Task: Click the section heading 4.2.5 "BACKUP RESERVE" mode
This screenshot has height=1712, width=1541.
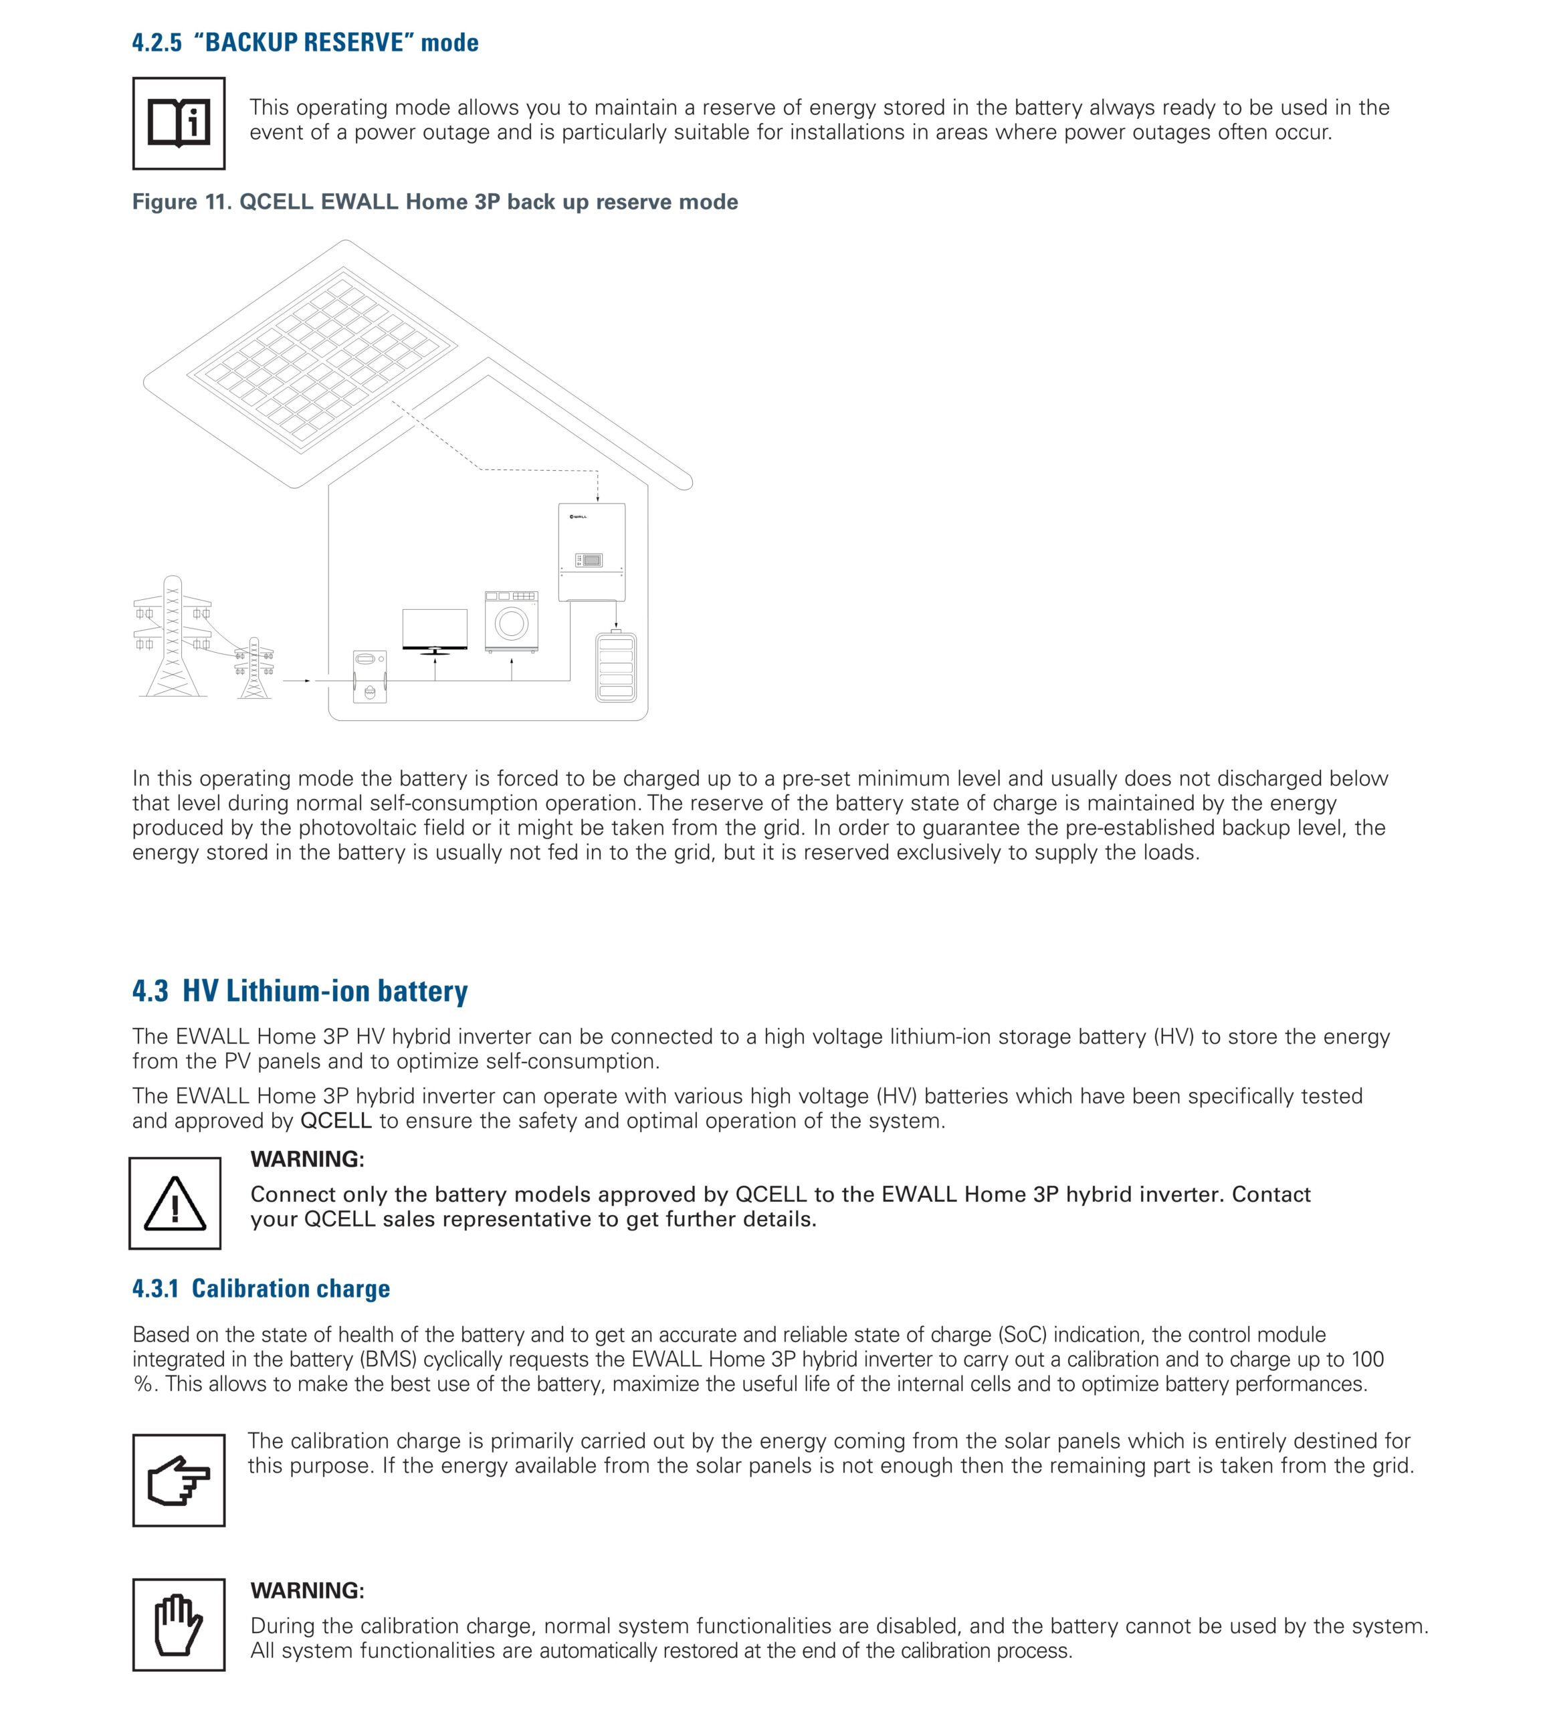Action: pyautogui.click(x=305, y=42)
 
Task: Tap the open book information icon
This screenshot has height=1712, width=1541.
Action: pyautogui.click(x=179, y=124)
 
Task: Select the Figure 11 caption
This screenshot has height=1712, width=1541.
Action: pyautogui.click(x=434, y=201)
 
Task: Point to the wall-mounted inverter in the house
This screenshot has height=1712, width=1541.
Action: pyautogui.click(x=592, y=551)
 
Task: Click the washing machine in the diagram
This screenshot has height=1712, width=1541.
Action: pyautogui.click(x=512, y=621)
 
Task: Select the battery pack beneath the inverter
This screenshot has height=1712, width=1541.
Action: pyautogui.click(x=617, y=667)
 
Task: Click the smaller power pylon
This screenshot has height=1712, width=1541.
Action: pyautogui.click(x=254, y=669)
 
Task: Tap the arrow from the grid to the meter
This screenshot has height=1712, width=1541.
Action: pyautogui.click(x=297, y=680)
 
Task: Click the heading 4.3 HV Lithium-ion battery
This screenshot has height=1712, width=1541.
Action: pyautogui.click(x=300, y=990)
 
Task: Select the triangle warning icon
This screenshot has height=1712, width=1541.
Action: pyautogui.click(x=175, y=1203)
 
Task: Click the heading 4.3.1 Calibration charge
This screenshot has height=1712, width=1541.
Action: pyautogui.click(x=261, y=1288)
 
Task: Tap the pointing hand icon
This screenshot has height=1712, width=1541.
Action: pyautogui.click(x=179, y=1480)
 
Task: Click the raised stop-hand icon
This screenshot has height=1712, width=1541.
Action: pyautogui.click(x=179, y=1624)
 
